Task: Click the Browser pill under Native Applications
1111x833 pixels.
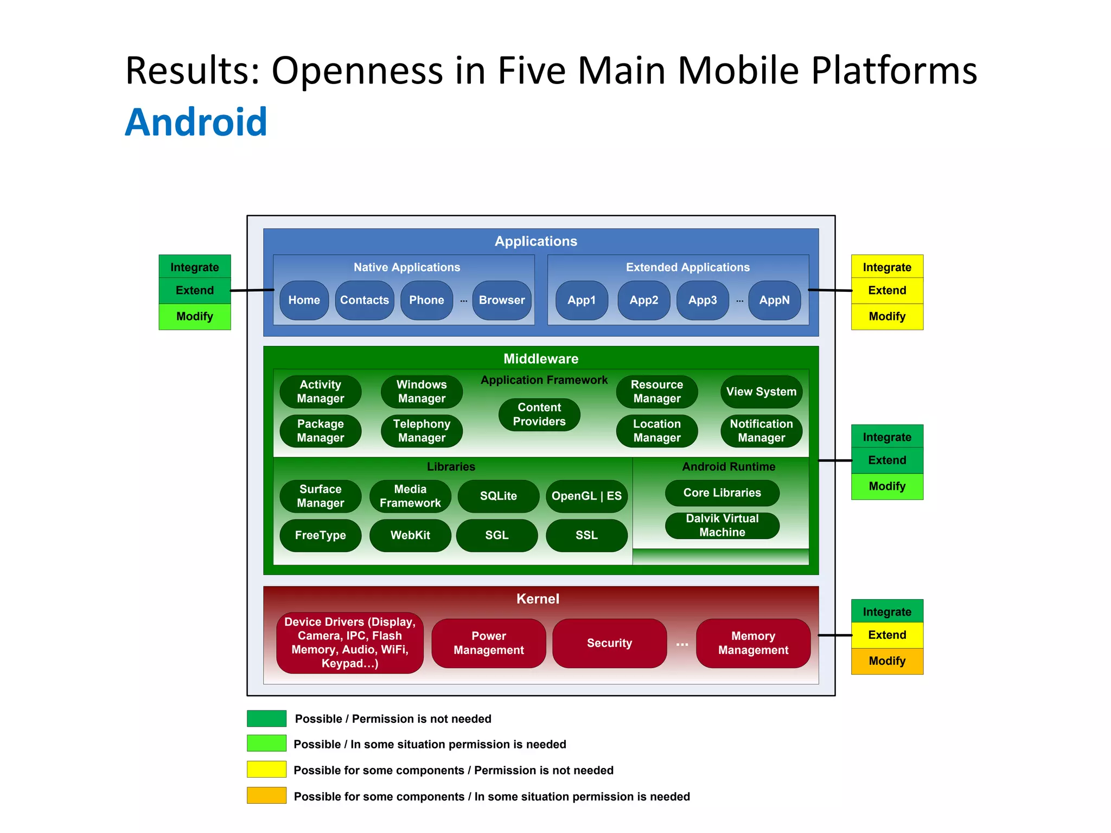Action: pyautogui.click(x=502, y=300)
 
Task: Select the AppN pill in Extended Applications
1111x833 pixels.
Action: pyautogui.click(x=774, y=300)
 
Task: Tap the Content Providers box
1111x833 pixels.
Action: pyautogui.click(x=539, y=414)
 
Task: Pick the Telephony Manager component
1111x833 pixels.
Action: pyautogui.click(x=422, y=431)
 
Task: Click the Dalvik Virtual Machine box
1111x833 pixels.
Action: pyautogui.click(x=722, y=525)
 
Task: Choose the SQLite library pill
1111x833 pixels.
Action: pyautogui.click(x=498, y=496)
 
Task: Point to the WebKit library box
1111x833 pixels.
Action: pyautogui.click(x=410, y=535)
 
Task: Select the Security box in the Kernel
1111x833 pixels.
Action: pyautogui.click(x=609, y=643)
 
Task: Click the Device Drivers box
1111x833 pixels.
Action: pyautogui.click(x=350, y=643)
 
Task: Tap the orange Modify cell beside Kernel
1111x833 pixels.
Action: pyautogui.click(x=887, y=661)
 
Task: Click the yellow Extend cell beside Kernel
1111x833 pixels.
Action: pyautogui.click(x=887, y=635)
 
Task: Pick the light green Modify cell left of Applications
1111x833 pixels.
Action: pyautogui.click(x=195, y=316)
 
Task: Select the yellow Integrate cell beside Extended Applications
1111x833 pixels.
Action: pyautogui.click(x=887, y=267)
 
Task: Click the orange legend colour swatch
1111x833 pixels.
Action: pyautogui.click(x=266, y=795)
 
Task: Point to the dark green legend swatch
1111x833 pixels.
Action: pyautogui.click(x=266, y=718)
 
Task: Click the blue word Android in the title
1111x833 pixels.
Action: pyautogui.click(x=196, y=122)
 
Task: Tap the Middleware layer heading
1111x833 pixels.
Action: pyautogui.click(x=541, y=358)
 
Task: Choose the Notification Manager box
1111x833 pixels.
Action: pyautogui.click(x=761, y=431)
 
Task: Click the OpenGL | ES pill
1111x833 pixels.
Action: pyautogui.click(x=586, y=496)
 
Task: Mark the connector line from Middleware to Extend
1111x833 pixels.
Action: pyautogui.click(x=835, y=460)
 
